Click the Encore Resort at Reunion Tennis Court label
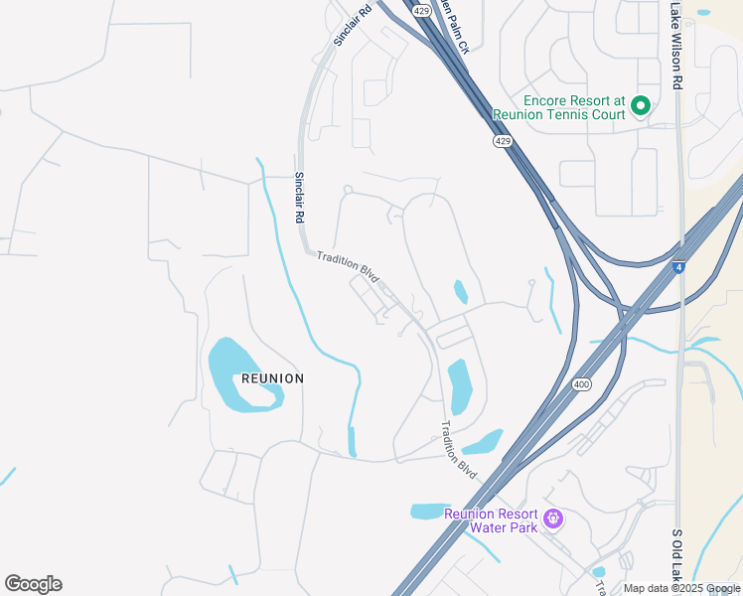tap(575, 107)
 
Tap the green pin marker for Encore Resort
tap(641, 104)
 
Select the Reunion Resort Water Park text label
tap(491, 521)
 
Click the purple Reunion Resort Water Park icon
tap(554, 518)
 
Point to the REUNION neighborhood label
tap(272, 378)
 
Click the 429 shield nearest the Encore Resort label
tap(503, 142)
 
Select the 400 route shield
tap(581, 384)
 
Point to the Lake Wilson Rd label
tap(675, 45)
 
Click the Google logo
tap(33, 584)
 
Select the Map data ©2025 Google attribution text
tap(680, 588)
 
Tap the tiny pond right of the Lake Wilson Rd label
tap(703, 13)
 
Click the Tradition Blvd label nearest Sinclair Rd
tap(348, 269)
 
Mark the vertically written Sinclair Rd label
tap(299, 198)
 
